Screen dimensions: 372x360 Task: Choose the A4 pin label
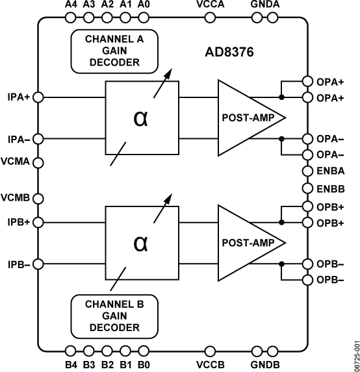(71, 5)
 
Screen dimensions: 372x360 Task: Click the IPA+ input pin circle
(38, 97)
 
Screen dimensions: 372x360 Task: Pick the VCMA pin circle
(38, 162)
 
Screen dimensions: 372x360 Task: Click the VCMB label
(15, 197)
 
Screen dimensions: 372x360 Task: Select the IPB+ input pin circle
(38, 222)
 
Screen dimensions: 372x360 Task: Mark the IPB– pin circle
(38, 264)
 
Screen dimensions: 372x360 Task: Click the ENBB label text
(331, 188)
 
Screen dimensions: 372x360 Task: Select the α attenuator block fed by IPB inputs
(140, 242)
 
